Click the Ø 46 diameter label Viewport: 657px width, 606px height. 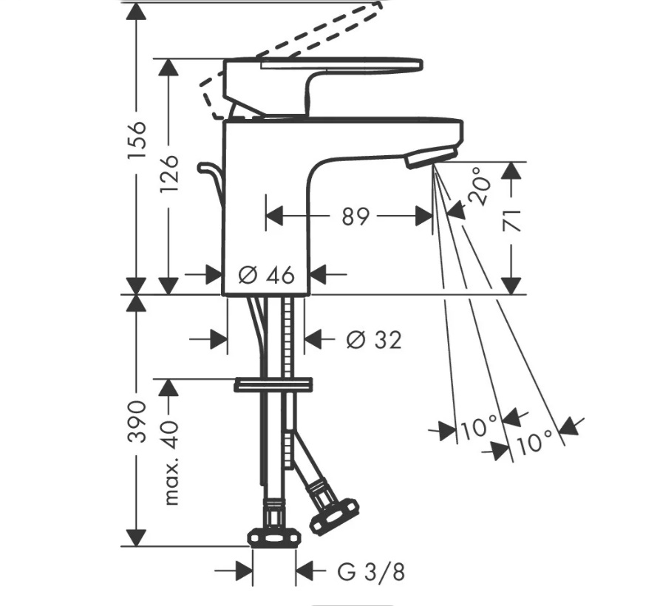267,275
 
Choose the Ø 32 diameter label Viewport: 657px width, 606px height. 374,340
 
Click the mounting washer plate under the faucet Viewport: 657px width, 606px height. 273,384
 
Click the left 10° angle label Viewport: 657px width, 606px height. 478,427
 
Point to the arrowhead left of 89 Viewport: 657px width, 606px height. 275,217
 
